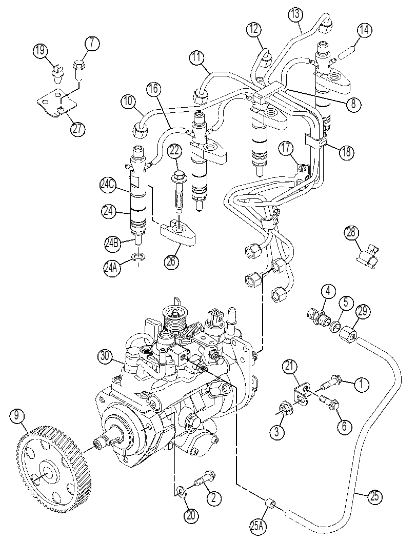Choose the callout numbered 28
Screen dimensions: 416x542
tap(351, 233)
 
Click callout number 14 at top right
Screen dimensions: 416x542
tap(364, 30)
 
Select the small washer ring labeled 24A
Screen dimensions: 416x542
tap(139, 256)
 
